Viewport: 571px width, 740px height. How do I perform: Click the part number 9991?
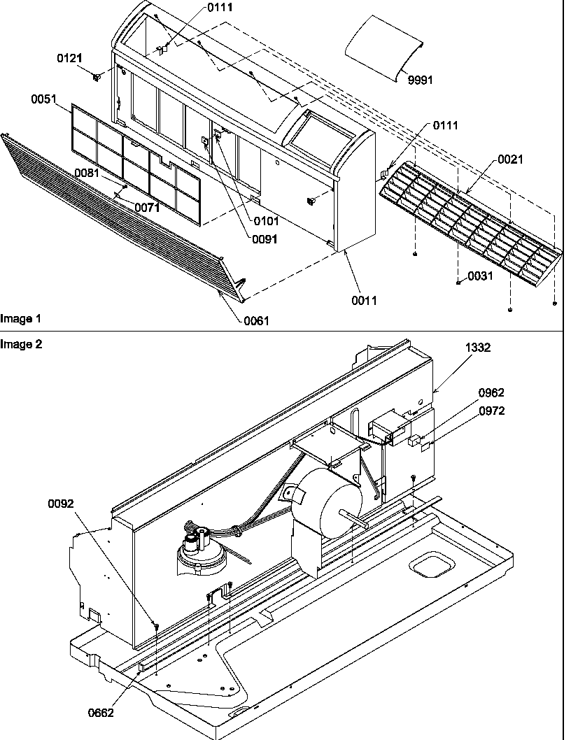point(421,80)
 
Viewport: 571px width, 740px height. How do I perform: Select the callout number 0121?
point(69,59)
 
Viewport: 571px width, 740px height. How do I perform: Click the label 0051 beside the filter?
point(43,99)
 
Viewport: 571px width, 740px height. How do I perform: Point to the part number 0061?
point(256,320)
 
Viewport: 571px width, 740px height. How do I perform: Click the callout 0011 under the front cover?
point(364,300)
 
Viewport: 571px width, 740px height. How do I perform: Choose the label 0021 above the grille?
point(510,160)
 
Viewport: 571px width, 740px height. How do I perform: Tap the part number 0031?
point(480,276)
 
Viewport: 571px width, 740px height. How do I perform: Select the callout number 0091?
point(266,239)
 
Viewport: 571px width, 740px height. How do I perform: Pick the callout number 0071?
point(147,207)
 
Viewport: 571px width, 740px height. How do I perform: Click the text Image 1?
point(20,319)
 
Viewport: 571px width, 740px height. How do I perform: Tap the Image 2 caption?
point(20,343)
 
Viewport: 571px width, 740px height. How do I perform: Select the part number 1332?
point(478,347)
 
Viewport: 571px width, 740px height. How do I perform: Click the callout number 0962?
point(491,393)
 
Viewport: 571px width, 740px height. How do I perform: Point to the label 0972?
point(491,411)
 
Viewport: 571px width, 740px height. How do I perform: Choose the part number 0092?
point(61,503)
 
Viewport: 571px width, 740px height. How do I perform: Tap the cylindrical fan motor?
point(325,500)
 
